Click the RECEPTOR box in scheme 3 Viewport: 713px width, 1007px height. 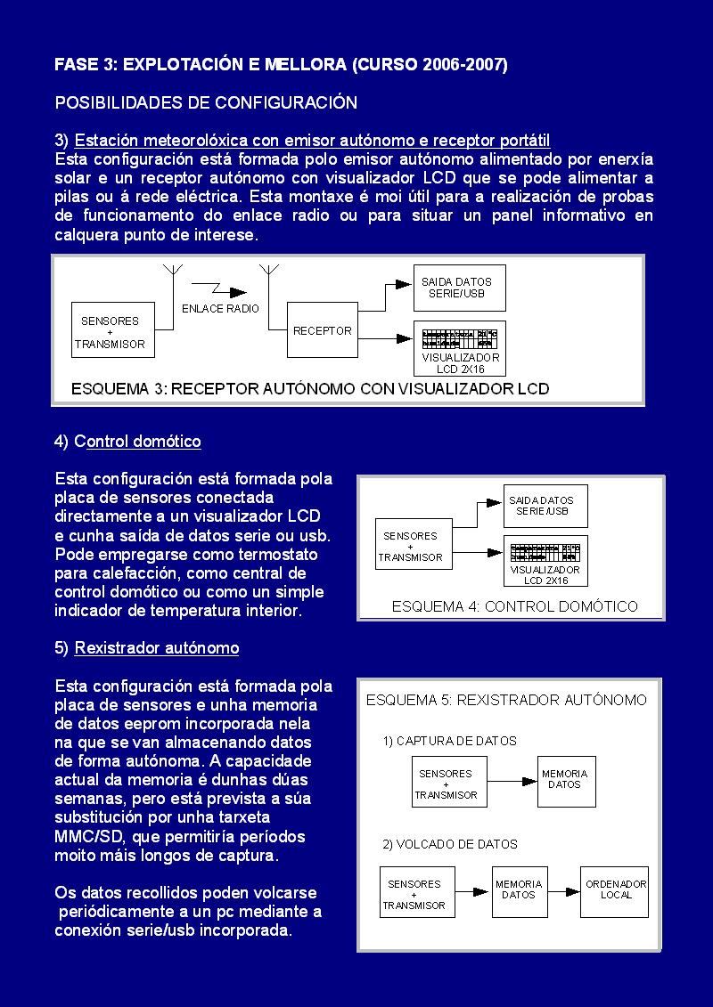322,330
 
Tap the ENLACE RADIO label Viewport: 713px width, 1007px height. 220,308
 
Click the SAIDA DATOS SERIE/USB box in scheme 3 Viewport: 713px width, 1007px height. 457,288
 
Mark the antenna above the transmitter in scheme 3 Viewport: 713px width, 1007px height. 172,272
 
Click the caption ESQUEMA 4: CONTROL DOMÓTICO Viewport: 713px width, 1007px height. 515,606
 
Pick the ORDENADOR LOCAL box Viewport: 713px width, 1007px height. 615,890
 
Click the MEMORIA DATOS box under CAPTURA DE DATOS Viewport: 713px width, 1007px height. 566,781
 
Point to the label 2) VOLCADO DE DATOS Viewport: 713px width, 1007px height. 450,844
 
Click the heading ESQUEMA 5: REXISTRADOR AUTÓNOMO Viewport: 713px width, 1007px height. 506,700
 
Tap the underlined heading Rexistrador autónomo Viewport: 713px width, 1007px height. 157,648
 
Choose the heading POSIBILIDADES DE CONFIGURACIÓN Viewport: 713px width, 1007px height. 206,102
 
